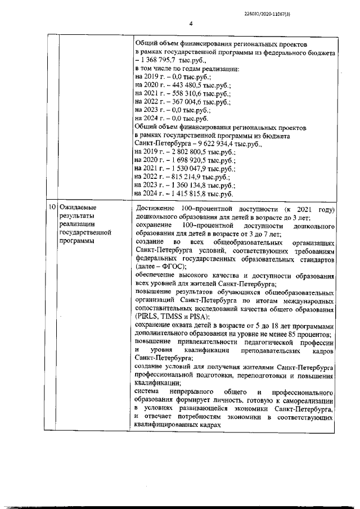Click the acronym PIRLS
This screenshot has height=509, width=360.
click(148, 317)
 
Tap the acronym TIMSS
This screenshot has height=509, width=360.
click(176, 317)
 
